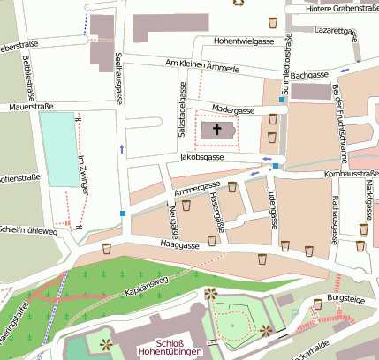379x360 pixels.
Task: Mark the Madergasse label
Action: [x=233, y=109]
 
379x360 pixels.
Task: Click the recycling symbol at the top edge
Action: [x=237, y=3]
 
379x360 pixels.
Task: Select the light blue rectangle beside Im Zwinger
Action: [x=58, y=148]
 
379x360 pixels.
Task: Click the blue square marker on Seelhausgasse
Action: [x=122, y=214]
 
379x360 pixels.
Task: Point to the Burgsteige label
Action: [x=345, y=300]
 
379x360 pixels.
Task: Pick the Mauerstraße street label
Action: [x=26, y=107]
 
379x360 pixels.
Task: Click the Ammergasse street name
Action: [x=196, y=188]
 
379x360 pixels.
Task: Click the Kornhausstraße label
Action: [x=352, y=175]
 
